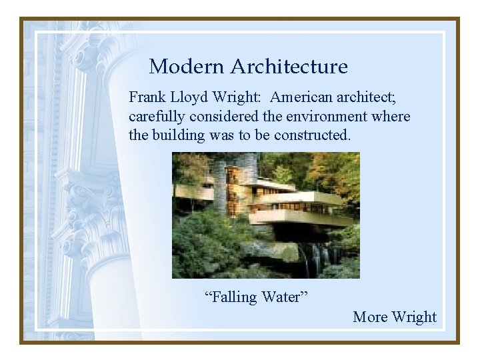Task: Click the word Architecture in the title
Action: tap(289, 67)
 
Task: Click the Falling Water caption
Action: tap(256, 297)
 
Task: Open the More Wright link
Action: tap(395, 317)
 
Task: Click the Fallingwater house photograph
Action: tap(265, 215)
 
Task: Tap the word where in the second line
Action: tap(391, 117)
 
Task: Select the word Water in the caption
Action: tap(285, 297)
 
